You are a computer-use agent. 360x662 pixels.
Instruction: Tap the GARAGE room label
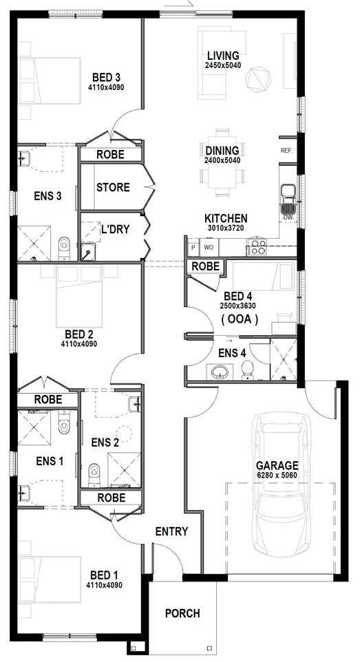[277, 465]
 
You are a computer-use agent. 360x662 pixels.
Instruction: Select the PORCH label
[182, 613]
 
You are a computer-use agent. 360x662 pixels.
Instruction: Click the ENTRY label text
[171, 531]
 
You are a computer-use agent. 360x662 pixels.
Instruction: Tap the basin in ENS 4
[221, 372]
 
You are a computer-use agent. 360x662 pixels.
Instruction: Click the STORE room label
[113, 187]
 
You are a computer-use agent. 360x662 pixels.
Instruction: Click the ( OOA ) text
[240, 319]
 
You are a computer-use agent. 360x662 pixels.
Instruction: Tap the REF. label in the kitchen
[286, 150]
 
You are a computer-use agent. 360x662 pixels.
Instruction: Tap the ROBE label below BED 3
[110, 155]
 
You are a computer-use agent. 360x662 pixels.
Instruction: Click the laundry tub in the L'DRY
[88, 251]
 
